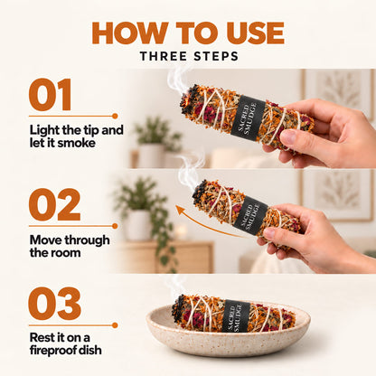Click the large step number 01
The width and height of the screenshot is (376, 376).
click(x=51, y=94)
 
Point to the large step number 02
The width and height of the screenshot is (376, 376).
click(x=54, y=205)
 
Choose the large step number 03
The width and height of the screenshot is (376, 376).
click(x=54, y=304)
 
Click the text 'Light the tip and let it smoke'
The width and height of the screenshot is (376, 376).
click(x=77, y=136)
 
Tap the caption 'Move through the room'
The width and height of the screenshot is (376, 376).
click(x=70, y=246)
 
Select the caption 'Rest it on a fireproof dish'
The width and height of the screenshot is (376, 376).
click(x=65, y=343)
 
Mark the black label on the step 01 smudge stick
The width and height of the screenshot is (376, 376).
click(x=248, y=117)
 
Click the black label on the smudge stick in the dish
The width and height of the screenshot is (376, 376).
click(x=236, y=316)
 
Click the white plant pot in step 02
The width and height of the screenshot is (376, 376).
click(x=138, y=225)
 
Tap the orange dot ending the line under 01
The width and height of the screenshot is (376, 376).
click(x=115, y=116)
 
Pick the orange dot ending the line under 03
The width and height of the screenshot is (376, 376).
click(x=115, y=325)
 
